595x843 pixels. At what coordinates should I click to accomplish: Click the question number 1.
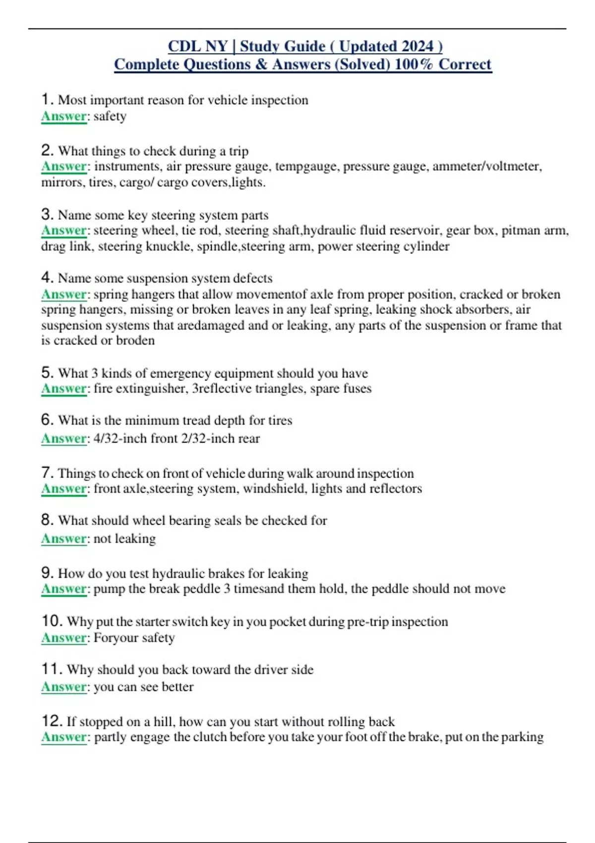(47, 99)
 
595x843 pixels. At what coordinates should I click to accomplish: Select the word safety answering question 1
(110, 117)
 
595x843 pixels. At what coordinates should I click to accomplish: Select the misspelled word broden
(135, 341)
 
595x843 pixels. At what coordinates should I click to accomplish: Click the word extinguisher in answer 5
(151, 388)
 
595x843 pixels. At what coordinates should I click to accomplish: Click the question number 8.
(47, 520)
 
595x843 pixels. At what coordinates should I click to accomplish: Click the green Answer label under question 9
(64, 589)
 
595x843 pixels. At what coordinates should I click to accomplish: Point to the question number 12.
(52, 721)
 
